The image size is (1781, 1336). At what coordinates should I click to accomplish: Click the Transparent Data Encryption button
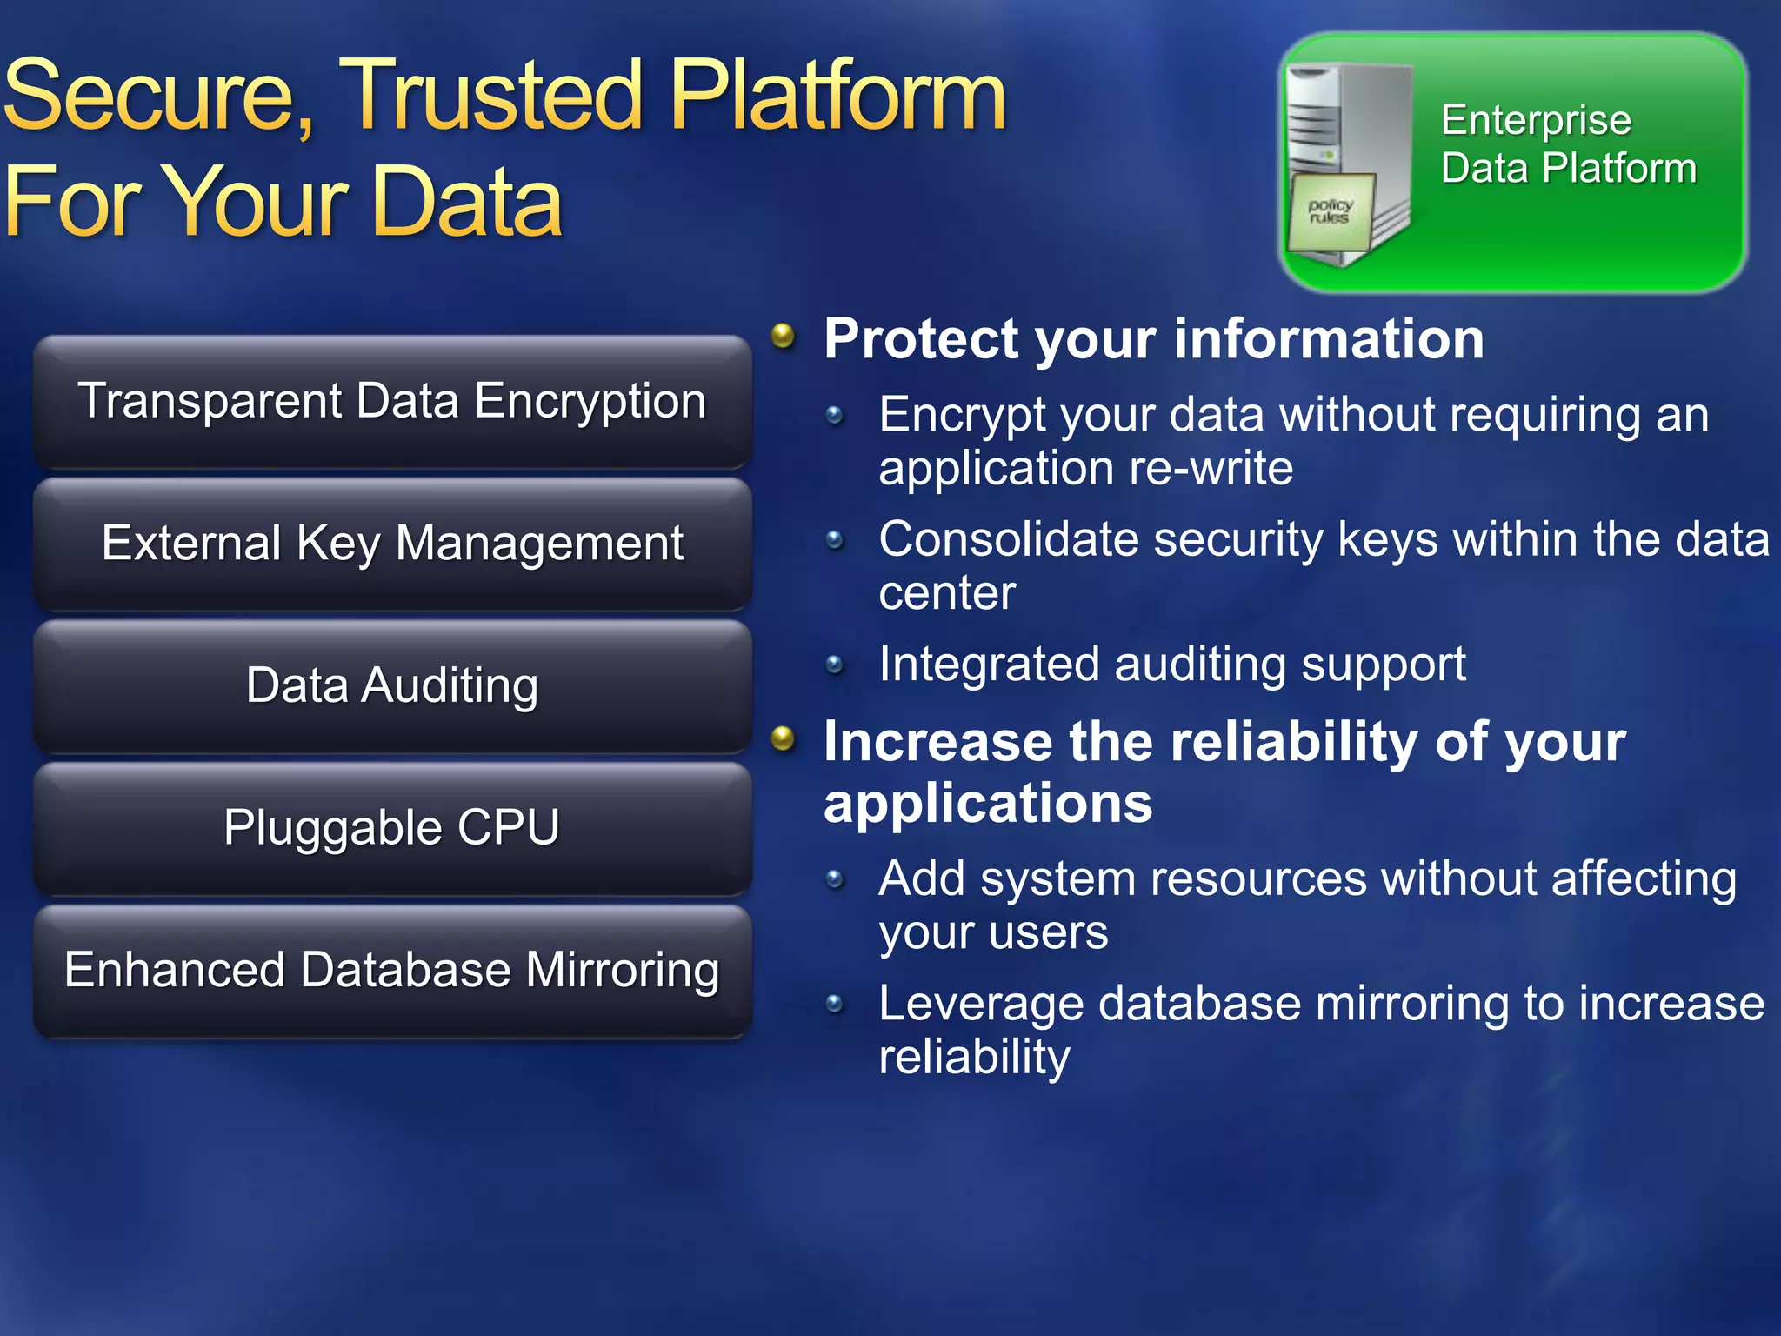[x=392, y=402]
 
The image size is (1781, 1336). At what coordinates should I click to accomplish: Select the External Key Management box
[x=392, y=544]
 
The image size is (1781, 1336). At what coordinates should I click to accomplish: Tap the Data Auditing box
[x=392, y=686]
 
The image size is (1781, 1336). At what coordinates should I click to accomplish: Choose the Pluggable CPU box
[x=392, y=828]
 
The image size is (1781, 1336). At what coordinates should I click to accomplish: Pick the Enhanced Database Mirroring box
[x=392, y=971]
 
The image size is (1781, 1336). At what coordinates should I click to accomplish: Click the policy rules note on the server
[x=1331, y=211]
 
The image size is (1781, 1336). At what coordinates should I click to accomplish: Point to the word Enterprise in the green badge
[x=1536, y=120]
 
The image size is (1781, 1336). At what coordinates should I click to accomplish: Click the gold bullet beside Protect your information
[x=784, y=336]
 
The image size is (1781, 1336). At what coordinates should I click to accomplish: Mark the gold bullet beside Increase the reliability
[x=784, y=738]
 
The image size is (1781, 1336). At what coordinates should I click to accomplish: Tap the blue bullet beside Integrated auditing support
[x=835, y=665]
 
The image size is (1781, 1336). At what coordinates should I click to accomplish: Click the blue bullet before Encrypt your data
[x=835, y=416]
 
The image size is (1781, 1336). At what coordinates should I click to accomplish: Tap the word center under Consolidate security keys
[x=947, y=594]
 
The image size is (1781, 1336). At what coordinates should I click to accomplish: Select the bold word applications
[x=988, y=803]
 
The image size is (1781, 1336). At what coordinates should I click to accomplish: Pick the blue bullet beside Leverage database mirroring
[x=835, y=1005]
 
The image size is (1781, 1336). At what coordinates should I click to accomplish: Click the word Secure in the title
[x=157, y=96]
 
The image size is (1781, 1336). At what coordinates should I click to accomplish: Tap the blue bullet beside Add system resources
[x=835, y=880]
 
